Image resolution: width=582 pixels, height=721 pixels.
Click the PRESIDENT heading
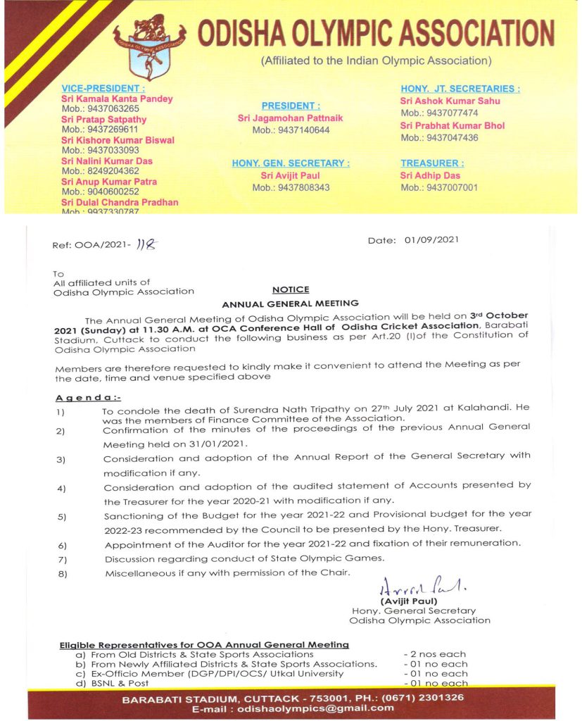click(x=291, y=106)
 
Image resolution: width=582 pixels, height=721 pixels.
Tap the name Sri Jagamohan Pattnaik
click(x=291, y=118)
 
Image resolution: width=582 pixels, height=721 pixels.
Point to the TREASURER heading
click(x=432, y=163)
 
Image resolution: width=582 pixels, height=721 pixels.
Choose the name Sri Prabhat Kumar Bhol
click(x=452, y=126)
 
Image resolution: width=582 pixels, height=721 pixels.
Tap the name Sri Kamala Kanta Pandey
click(x=117, y=99)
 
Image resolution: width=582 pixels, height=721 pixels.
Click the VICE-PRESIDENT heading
click(x=103, y=88)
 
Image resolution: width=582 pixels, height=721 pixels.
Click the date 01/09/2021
click(x=431, y=240)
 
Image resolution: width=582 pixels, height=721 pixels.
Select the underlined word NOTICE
click(x=291, y=289)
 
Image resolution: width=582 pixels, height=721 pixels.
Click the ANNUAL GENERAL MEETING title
click(x=291, y=304)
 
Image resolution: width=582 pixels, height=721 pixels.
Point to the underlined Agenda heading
click(x=87, y=399)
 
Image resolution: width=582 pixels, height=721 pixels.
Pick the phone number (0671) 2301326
click(x=418, y=698)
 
